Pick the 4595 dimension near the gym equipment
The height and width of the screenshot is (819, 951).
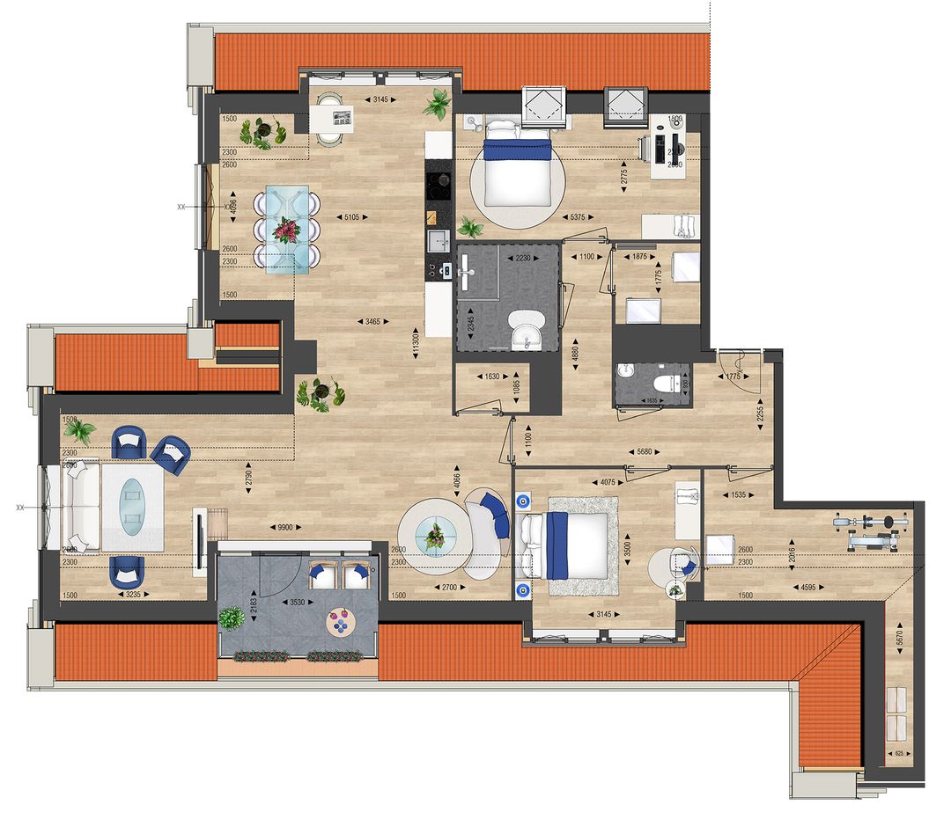[808, 587]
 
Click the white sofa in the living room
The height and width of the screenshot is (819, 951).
[80, 507]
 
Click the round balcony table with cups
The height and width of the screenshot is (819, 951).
[339, 623]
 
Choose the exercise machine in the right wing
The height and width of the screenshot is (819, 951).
[867, 524]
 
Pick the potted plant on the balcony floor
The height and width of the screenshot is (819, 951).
[232, 619]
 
